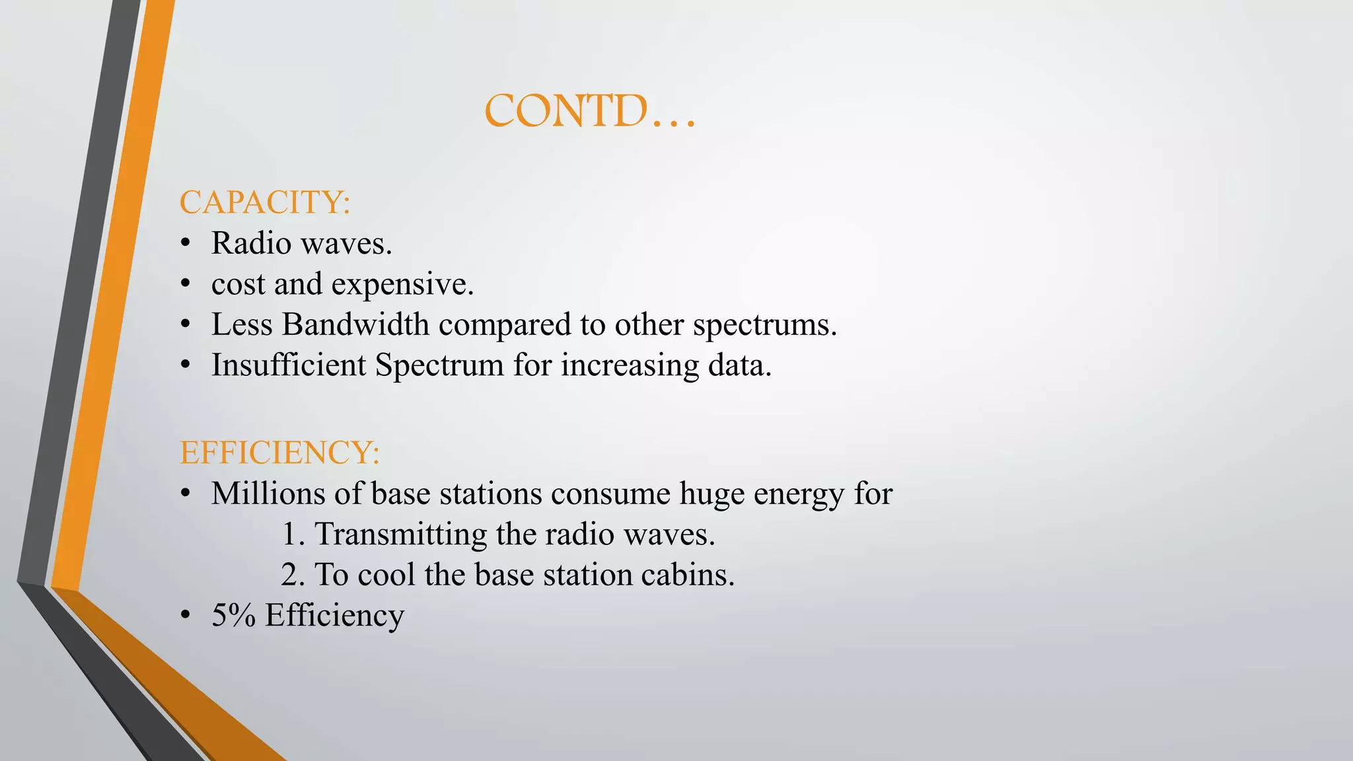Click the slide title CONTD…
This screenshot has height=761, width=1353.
(x=590, y=111)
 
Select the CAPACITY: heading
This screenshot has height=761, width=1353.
(x=264, y=202)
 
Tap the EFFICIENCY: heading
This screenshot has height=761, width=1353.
(x=279, y=453)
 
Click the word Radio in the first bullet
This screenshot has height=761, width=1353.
(x=251, y=243)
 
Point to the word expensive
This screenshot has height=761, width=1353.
(x=402, y=285)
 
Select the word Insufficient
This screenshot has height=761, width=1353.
(x=289, y=365)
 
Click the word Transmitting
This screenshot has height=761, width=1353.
(x=400, y=534)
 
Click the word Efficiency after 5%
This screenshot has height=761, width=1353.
(x=334, y=616)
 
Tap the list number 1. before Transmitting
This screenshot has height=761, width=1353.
(x=293, y=534)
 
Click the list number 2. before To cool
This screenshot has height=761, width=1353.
(x=293, y=575)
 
